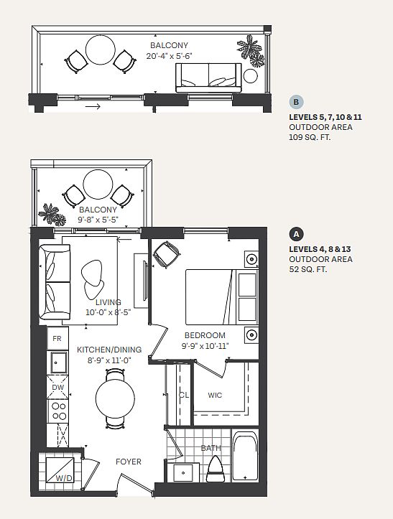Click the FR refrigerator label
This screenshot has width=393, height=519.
57,339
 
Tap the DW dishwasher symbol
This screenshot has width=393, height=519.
57,387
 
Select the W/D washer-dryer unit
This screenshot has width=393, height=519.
60,470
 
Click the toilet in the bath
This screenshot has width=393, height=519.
216,469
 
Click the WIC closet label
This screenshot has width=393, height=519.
215,395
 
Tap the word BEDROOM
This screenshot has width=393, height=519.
205,335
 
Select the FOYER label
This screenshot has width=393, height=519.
129,462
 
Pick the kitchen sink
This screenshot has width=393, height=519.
59,363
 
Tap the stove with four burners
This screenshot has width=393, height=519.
58,411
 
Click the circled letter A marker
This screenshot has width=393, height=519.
296,234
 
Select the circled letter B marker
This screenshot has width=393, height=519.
296,102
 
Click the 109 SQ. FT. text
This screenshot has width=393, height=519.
310,137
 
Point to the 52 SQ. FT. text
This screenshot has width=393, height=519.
308,269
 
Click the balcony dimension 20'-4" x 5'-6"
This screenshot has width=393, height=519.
170,55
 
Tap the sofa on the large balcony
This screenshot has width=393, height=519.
208,78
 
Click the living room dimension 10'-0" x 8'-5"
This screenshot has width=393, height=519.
108,312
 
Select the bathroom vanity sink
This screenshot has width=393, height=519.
183,472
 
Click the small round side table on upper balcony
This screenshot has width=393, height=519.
250,76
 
